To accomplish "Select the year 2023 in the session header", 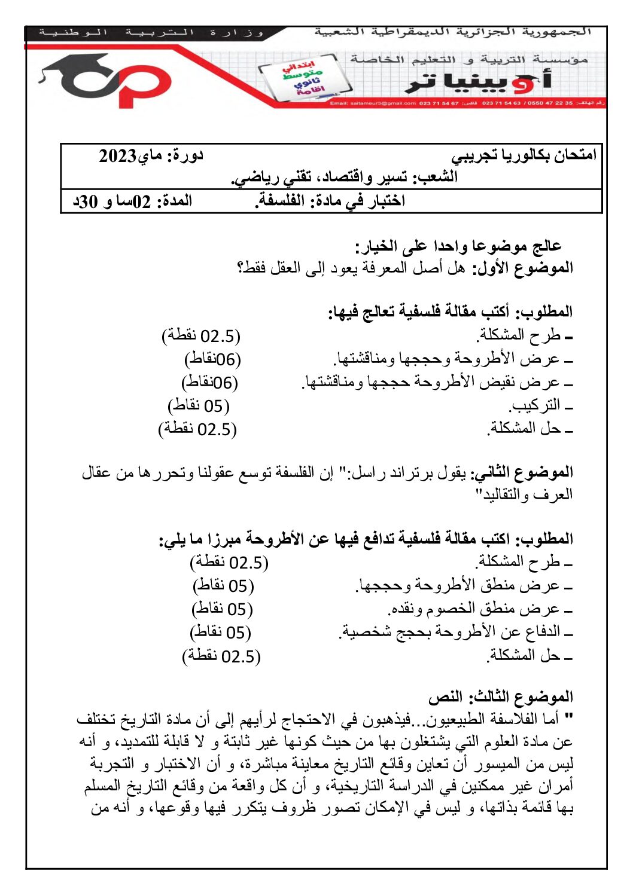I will coord(118,156).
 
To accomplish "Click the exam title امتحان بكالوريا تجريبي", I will coord(524,155).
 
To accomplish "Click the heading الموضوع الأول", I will coord(523,268).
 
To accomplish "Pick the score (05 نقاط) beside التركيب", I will coord(199,406).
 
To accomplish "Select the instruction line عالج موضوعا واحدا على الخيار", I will coord(458,246).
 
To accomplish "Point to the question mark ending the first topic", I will coord(241,268).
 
